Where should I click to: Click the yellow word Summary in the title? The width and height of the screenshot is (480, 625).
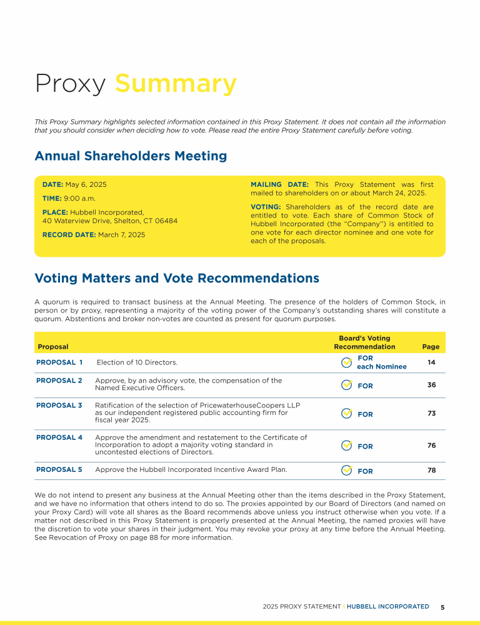pos(176,83)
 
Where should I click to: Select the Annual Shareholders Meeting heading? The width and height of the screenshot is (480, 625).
pos(131,156)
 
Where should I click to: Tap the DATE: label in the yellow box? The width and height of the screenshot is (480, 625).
pos(52,185)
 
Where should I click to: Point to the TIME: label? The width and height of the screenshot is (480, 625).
pos(52,198)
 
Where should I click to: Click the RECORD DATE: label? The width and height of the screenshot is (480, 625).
pos(69,235)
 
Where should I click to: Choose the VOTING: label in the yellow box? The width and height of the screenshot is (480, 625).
pos(266,207)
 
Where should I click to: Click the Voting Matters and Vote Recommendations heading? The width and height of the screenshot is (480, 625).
pos(177,278)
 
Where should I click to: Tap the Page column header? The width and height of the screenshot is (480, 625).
pos(431,347)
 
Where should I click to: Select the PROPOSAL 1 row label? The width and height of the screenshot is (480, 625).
pos(59,362)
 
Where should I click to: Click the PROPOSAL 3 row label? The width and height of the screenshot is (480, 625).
pos(59,406)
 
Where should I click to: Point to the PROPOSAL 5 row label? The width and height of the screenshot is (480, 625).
pos(59,469)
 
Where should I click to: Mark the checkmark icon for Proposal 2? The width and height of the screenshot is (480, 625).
pos(346,385)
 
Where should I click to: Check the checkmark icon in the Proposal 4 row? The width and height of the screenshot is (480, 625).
pos(346,446)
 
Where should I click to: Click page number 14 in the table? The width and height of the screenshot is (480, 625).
pos(431,362)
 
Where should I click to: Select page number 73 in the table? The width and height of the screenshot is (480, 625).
pos(431,414)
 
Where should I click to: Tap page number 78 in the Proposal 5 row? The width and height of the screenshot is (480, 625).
pos(431,470)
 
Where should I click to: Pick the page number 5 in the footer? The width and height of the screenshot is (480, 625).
pos(442,607)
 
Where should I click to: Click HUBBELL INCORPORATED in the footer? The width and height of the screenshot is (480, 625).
pos(387,607)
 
